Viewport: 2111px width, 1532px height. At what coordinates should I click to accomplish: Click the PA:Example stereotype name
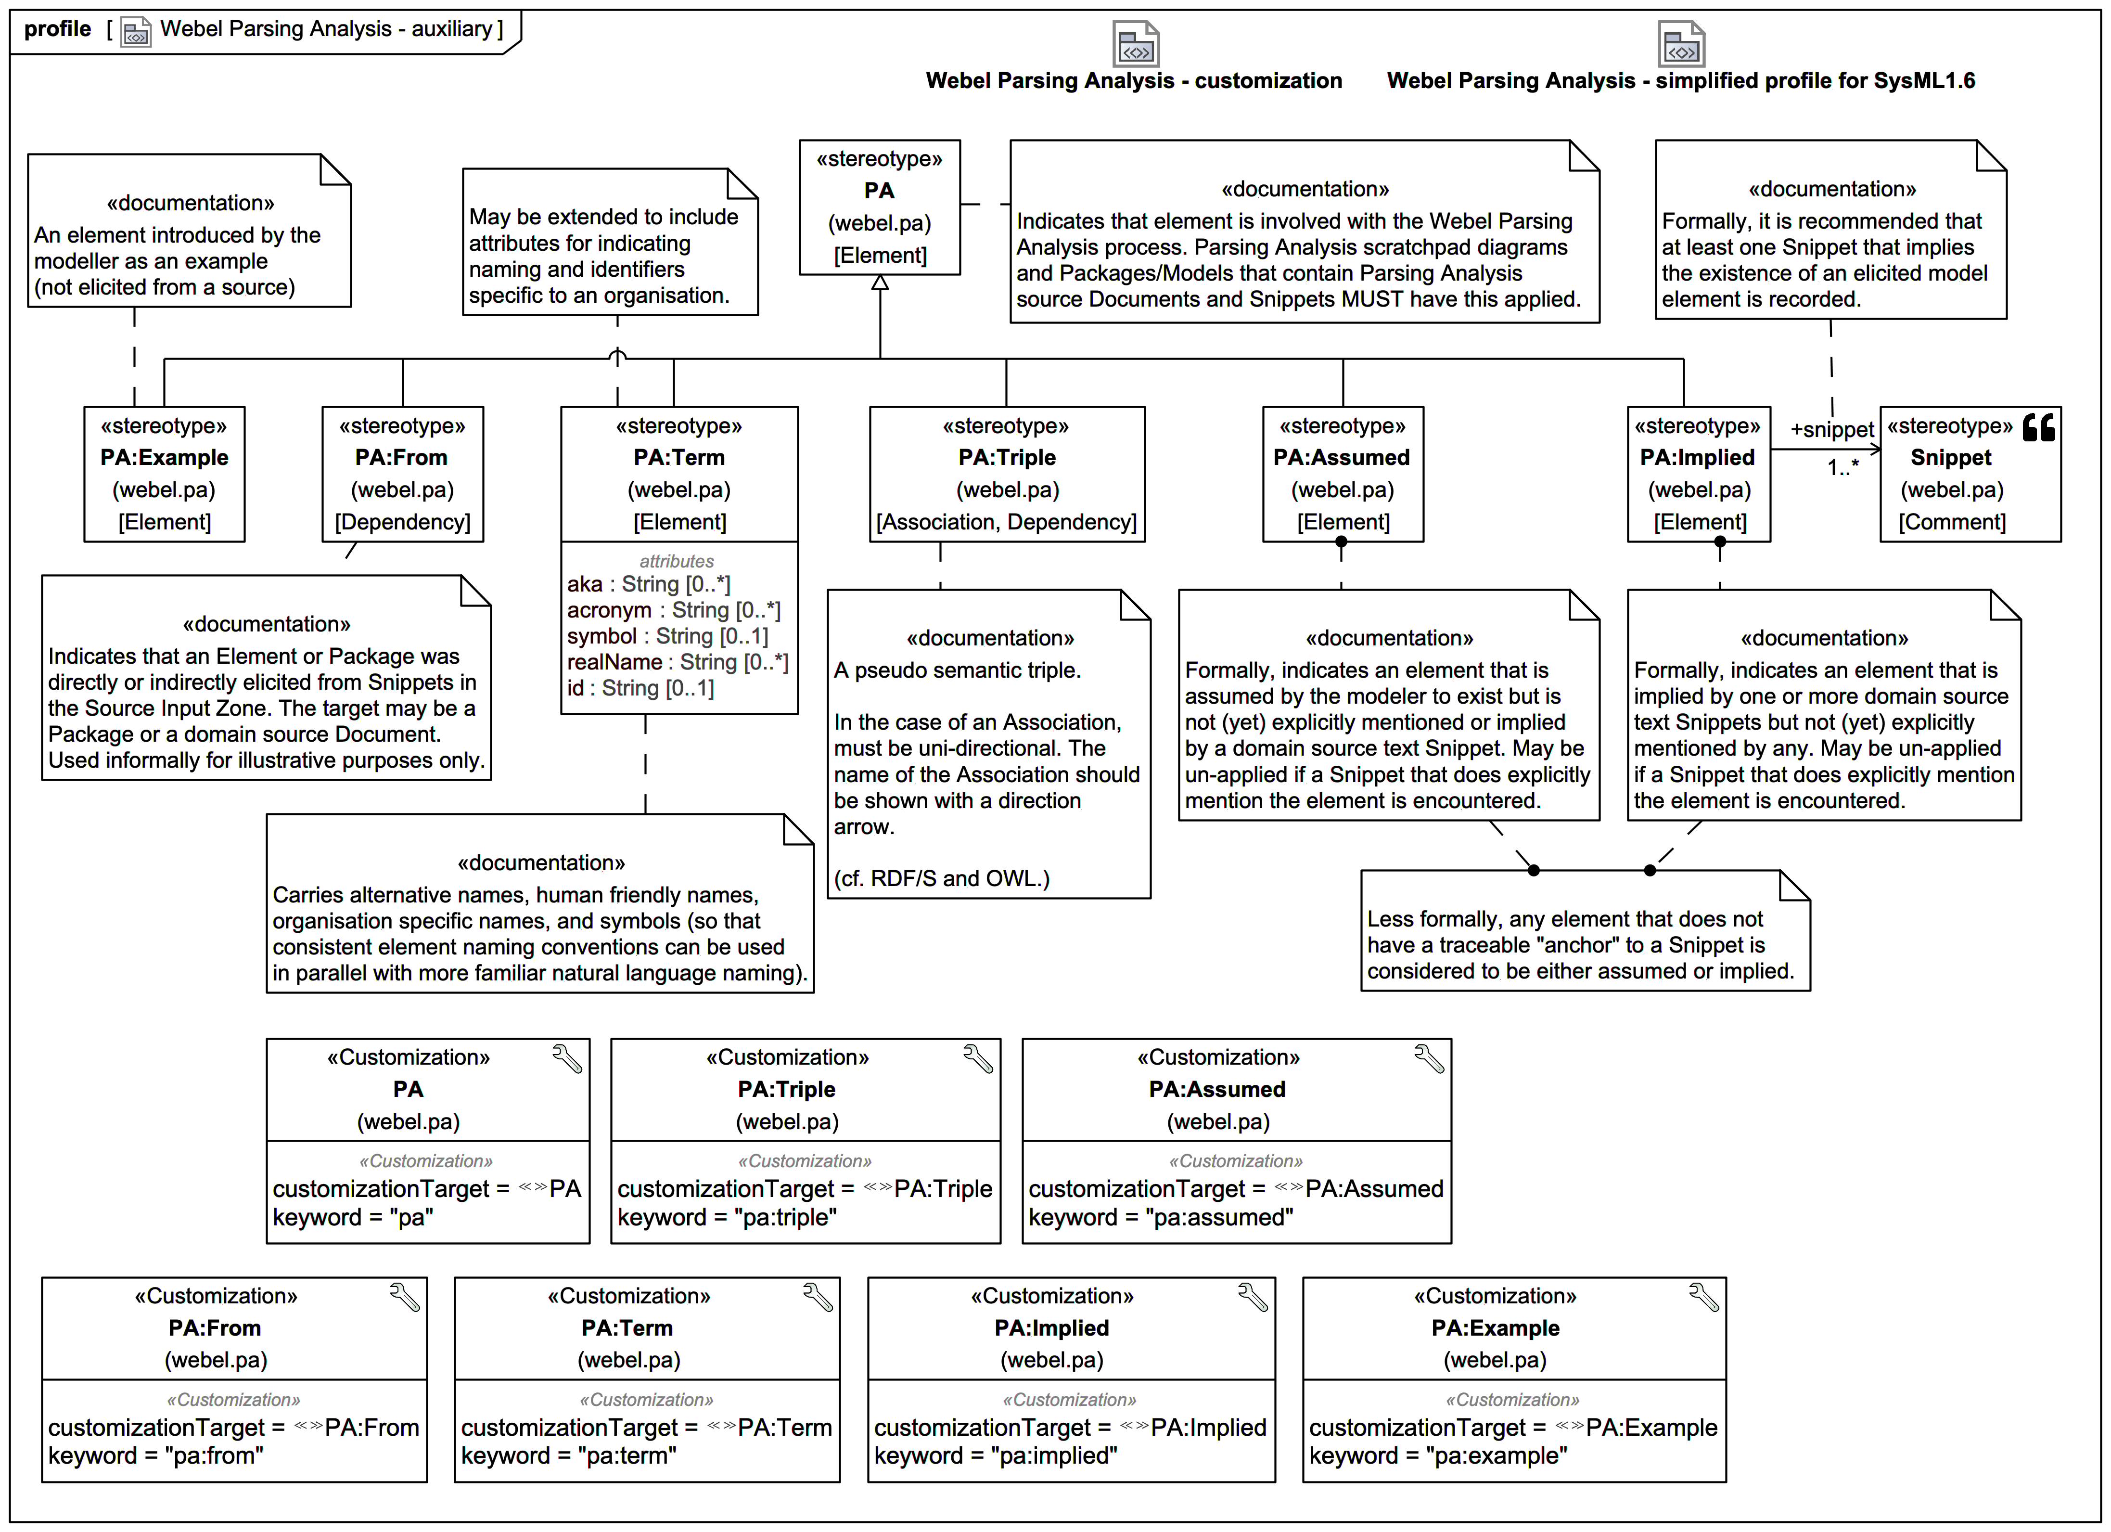click(165, 458)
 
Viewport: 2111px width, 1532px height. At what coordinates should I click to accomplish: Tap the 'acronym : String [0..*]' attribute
click(674, 611)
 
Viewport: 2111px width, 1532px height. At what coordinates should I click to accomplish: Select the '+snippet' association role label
click(1831, 430)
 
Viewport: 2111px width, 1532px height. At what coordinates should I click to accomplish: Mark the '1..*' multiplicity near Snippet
click(1842, 467)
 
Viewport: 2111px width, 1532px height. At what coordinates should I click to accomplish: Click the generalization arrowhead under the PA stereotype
click(880, 283)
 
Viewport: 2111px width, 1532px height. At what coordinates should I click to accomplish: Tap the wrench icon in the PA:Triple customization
click(977, 1059)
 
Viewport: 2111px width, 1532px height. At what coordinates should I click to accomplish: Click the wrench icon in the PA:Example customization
click(1703, 1298)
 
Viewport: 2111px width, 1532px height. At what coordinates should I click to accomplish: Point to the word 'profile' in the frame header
click(58, 29)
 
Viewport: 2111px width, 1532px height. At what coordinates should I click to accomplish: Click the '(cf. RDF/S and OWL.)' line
click(941, 878)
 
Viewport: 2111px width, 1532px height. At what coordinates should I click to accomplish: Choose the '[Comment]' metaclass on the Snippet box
click(1952, 522)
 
